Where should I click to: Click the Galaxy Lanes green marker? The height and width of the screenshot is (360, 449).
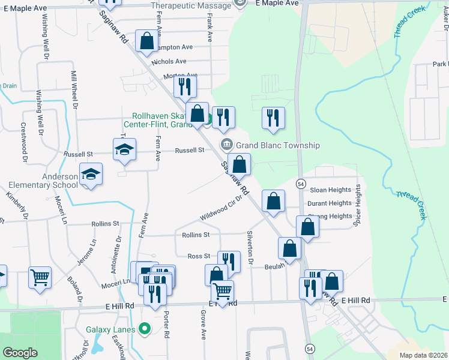(144, 328)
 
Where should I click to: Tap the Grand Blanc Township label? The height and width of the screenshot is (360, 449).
(277, 145)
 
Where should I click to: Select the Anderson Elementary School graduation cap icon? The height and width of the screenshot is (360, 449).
(91, 174)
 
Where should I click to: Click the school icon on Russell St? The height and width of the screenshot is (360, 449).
(124, 150)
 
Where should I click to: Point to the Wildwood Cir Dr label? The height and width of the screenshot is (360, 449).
(221, 208)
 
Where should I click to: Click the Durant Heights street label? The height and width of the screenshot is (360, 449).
(330, 203)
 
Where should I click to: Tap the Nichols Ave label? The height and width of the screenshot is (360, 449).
(169, 61)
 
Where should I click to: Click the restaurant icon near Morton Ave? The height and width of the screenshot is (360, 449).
(185, 86)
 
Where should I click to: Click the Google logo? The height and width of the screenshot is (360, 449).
(20, 353)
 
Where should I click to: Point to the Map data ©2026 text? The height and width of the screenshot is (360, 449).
(423, 355)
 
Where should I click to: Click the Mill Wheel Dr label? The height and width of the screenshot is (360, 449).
(75, 89)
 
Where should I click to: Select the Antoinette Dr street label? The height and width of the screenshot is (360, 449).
(118, 251)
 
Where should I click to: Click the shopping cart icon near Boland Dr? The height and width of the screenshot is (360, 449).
(40, 277)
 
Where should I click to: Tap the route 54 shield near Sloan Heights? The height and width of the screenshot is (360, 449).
(301, 183)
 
